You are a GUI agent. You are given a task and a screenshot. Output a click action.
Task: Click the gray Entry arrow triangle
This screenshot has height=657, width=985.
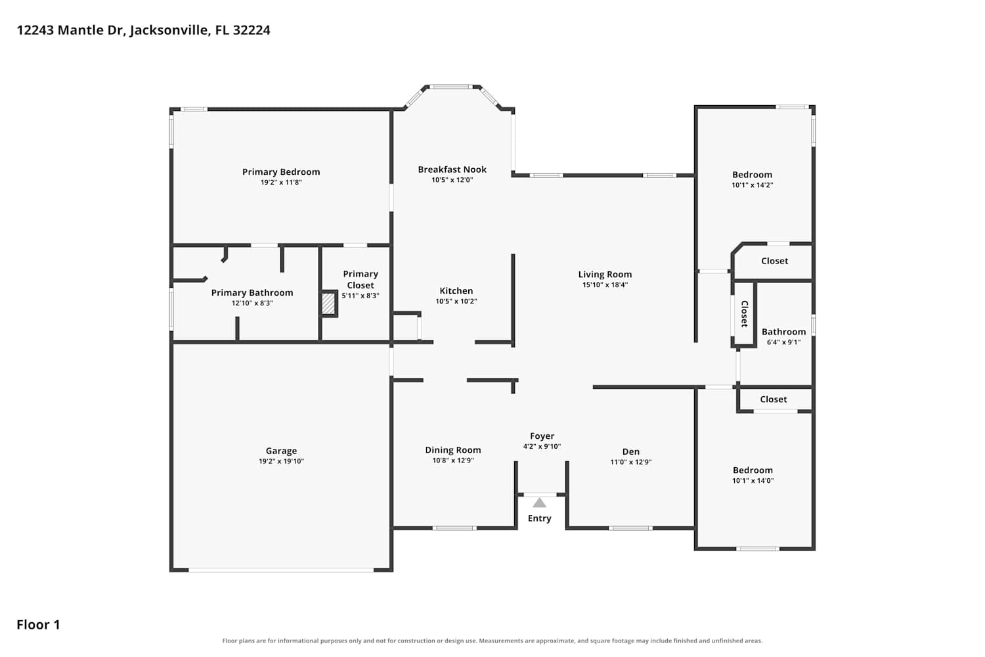(540, 503)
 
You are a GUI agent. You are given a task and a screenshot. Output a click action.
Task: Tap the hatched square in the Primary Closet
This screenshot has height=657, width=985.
(328, 304)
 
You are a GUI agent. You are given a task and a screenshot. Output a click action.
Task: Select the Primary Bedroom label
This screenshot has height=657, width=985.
(281, 172)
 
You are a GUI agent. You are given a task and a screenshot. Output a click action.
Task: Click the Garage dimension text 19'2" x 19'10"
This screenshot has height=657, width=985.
(281, 461)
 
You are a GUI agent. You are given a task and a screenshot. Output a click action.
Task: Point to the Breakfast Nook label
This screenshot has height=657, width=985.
(452, 170)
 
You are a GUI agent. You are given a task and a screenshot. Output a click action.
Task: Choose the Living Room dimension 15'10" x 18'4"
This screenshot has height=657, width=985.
(605, 284)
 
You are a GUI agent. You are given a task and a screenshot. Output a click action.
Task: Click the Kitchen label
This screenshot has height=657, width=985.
(456, 291)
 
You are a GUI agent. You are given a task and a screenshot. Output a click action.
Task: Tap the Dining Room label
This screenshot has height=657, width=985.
(453, 450)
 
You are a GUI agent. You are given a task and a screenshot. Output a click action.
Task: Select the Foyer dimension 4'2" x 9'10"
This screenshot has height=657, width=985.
(542, 446)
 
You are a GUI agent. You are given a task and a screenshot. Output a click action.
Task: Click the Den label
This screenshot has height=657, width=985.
(630, 451)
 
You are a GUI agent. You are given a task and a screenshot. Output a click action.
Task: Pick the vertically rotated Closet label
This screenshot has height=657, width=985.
(745, 314)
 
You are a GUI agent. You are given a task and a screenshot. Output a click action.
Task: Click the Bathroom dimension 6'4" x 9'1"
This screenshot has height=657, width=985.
(783, 342)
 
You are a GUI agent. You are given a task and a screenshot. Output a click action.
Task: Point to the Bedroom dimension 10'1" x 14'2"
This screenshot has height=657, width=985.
(753, 185)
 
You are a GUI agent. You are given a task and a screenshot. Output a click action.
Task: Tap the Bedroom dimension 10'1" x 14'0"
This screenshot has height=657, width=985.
(753, 480)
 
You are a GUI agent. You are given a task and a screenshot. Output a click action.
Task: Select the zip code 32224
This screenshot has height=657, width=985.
(252, 30)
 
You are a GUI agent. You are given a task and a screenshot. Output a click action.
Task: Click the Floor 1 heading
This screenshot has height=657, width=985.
(38, 624)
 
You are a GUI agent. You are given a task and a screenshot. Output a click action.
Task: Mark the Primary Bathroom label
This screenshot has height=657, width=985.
(252, 292)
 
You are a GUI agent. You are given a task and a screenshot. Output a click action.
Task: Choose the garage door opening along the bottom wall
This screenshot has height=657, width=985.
(281, 570)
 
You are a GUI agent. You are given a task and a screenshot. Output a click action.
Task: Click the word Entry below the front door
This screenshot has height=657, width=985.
(540, 518)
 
